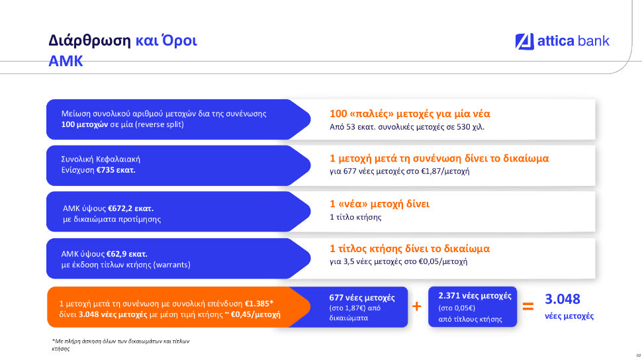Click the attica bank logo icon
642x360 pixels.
coord(524,42)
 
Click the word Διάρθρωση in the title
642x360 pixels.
coord(89,40)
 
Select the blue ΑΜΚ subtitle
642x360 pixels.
coord(66,61)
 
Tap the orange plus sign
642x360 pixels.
coord(417,306)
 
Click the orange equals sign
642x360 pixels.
coord(528,306)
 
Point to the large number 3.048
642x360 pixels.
coord(562,299)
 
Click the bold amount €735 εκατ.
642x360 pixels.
coord(116,170)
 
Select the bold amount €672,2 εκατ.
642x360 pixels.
coord(130,208)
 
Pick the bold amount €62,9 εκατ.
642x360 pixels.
coord(127,254)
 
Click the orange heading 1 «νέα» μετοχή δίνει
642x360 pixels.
coord(379,204)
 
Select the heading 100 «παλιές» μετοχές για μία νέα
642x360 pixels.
coord(410,113)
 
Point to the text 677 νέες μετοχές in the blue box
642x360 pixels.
coord(362,298)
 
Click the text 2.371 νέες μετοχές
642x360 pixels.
coord(475,296)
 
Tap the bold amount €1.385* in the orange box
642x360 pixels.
coord(259,304)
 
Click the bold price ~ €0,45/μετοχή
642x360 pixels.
coord(253,314)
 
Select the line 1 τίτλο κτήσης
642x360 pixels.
coord(355,217)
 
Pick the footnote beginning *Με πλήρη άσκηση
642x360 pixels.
coord(120,345)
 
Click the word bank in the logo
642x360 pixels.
coord(593,41)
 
